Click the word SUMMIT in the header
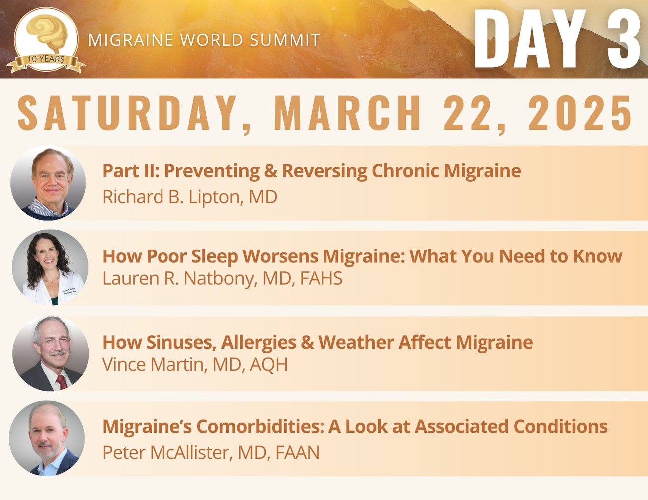coord(285,40)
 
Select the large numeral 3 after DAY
coord(624,39)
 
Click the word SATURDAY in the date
coord(127,113)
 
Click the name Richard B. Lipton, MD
coord(189,197)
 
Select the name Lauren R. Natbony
coord(179,279)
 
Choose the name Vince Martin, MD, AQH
coord(195,364)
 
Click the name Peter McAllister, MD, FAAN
coord(210,452)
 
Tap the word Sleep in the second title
coord(215,256)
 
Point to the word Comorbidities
coord(260,426)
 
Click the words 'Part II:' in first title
coord(131,171)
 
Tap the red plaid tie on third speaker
coord(62,382)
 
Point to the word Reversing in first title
coord(324,171)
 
